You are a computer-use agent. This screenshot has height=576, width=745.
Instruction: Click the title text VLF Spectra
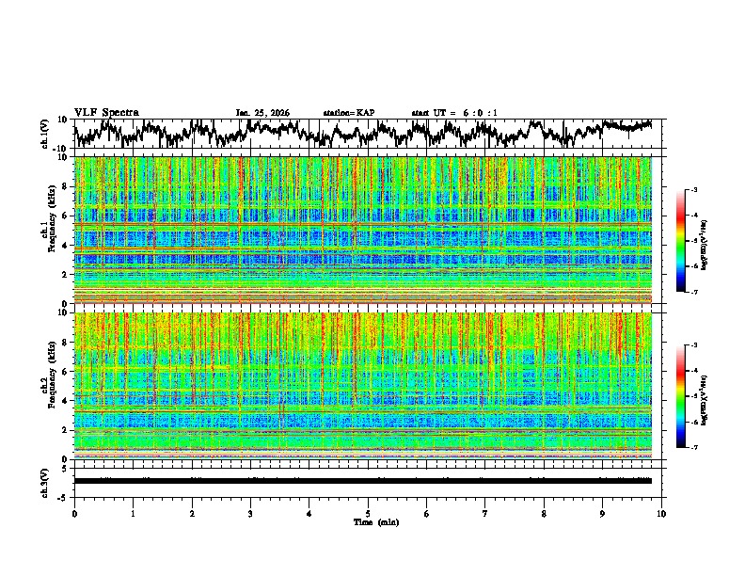(x=106, y=112)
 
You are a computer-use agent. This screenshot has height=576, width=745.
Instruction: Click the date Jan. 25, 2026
(x=262, y=113)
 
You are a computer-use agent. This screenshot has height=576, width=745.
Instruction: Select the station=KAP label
(x=348, y=113)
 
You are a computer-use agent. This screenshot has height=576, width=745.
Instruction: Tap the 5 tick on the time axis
(x=368, y=513)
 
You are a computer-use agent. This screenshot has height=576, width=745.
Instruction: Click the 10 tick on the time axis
(x=661, y=513)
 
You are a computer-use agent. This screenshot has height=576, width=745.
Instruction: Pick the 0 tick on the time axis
(x=74, y=513)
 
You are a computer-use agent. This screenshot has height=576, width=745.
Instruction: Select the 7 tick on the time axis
(x=485, y=513)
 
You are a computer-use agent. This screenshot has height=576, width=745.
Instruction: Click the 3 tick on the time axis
(x=250, y=513)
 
